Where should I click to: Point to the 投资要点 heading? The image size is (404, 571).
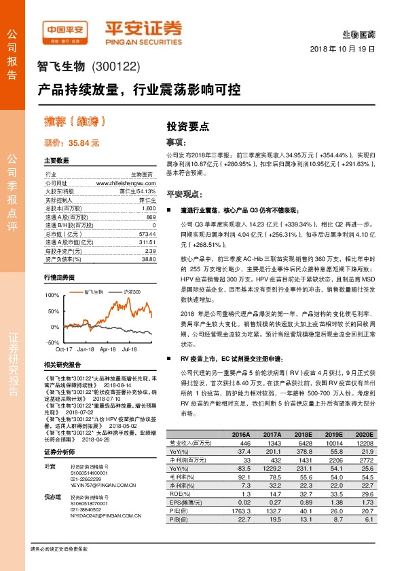[x=187, y=126]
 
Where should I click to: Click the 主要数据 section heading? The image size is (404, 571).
[x=56, y=161]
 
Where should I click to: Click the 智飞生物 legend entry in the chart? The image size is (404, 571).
[x=94, y=291]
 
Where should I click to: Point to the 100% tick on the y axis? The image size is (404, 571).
[x=52, y=296]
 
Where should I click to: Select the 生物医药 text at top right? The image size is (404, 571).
[x=359, y=34]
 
